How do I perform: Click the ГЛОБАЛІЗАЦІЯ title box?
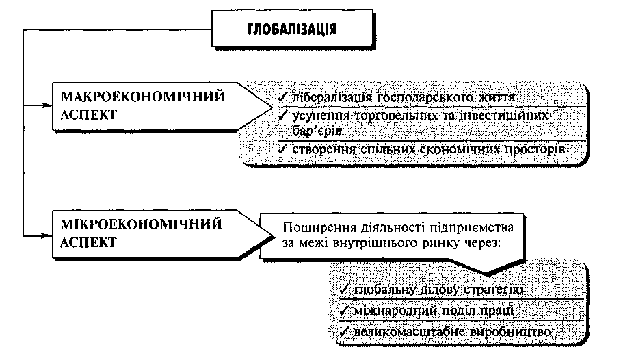coord(292,28)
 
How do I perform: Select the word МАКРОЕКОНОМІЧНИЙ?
coord(143,97)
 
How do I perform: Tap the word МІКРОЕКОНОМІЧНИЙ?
coord(141,224)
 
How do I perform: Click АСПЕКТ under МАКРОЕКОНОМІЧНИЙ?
coord(88,115)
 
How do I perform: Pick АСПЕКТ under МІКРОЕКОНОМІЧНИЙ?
coord(88,243)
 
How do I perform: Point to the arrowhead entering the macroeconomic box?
coord(47,105)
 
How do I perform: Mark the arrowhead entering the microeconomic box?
coord(47,235)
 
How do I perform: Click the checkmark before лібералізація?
coord(282,97)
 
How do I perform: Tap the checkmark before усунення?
coord(282,116)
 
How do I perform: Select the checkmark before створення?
coord(282,149)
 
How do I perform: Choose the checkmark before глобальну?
coord(345,290)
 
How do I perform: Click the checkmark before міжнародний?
coord(345,311)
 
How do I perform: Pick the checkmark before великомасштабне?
coord(345,332)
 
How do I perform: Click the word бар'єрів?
coord(317,131)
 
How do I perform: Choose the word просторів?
coord(535,149)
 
